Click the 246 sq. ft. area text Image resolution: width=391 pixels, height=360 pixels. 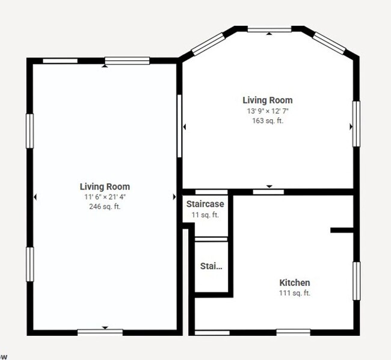coord(105,206)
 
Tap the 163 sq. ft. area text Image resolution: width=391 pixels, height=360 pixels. coord(268,121)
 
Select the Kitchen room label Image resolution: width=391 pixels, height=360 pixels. coord(295,283)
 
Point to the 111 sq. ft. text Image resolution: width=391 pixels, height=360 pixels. coord(295,293)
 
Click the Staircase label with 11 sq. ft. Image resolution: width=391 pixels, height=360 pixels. coord(205,204)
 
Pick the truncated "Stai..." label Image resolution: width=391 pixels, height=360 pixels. coord(211,266)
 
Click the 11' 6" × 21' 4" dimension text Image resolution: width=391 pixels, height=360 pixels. coord(105,197)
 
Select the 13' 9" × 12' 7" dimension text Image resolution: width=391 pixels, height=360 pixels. coord(268,111)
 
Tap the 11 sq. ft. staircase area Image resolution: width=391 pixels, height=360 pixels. coord(205,215)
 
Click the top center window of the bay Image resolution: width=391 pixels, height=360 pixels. coord(269,30)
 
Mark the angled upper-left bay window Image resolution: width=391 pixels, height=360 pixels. coord(208,44)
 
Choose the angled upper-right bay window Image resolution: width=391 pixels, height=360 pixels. coord(329,43)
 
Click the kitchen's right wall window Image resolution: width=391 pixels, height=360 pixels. coord(357,281)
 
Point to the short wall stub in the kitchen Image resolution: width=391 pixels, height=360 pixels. coord(342,230)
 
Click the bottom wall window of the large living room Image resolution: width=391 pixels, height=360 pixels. coord(100,332)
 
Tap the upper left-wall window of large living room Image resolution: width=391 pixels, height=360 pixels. coord(29,131)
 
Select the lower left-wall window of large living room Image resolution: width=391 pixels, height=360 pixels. coord(29,264)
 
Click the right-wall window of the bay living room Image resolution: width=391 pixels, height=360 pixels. coord(356,124)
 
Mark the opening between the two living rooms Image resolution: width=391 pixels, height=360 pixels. coord(179,126)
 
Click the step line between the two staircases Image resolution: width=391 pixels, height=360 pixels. coord(211,239)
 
